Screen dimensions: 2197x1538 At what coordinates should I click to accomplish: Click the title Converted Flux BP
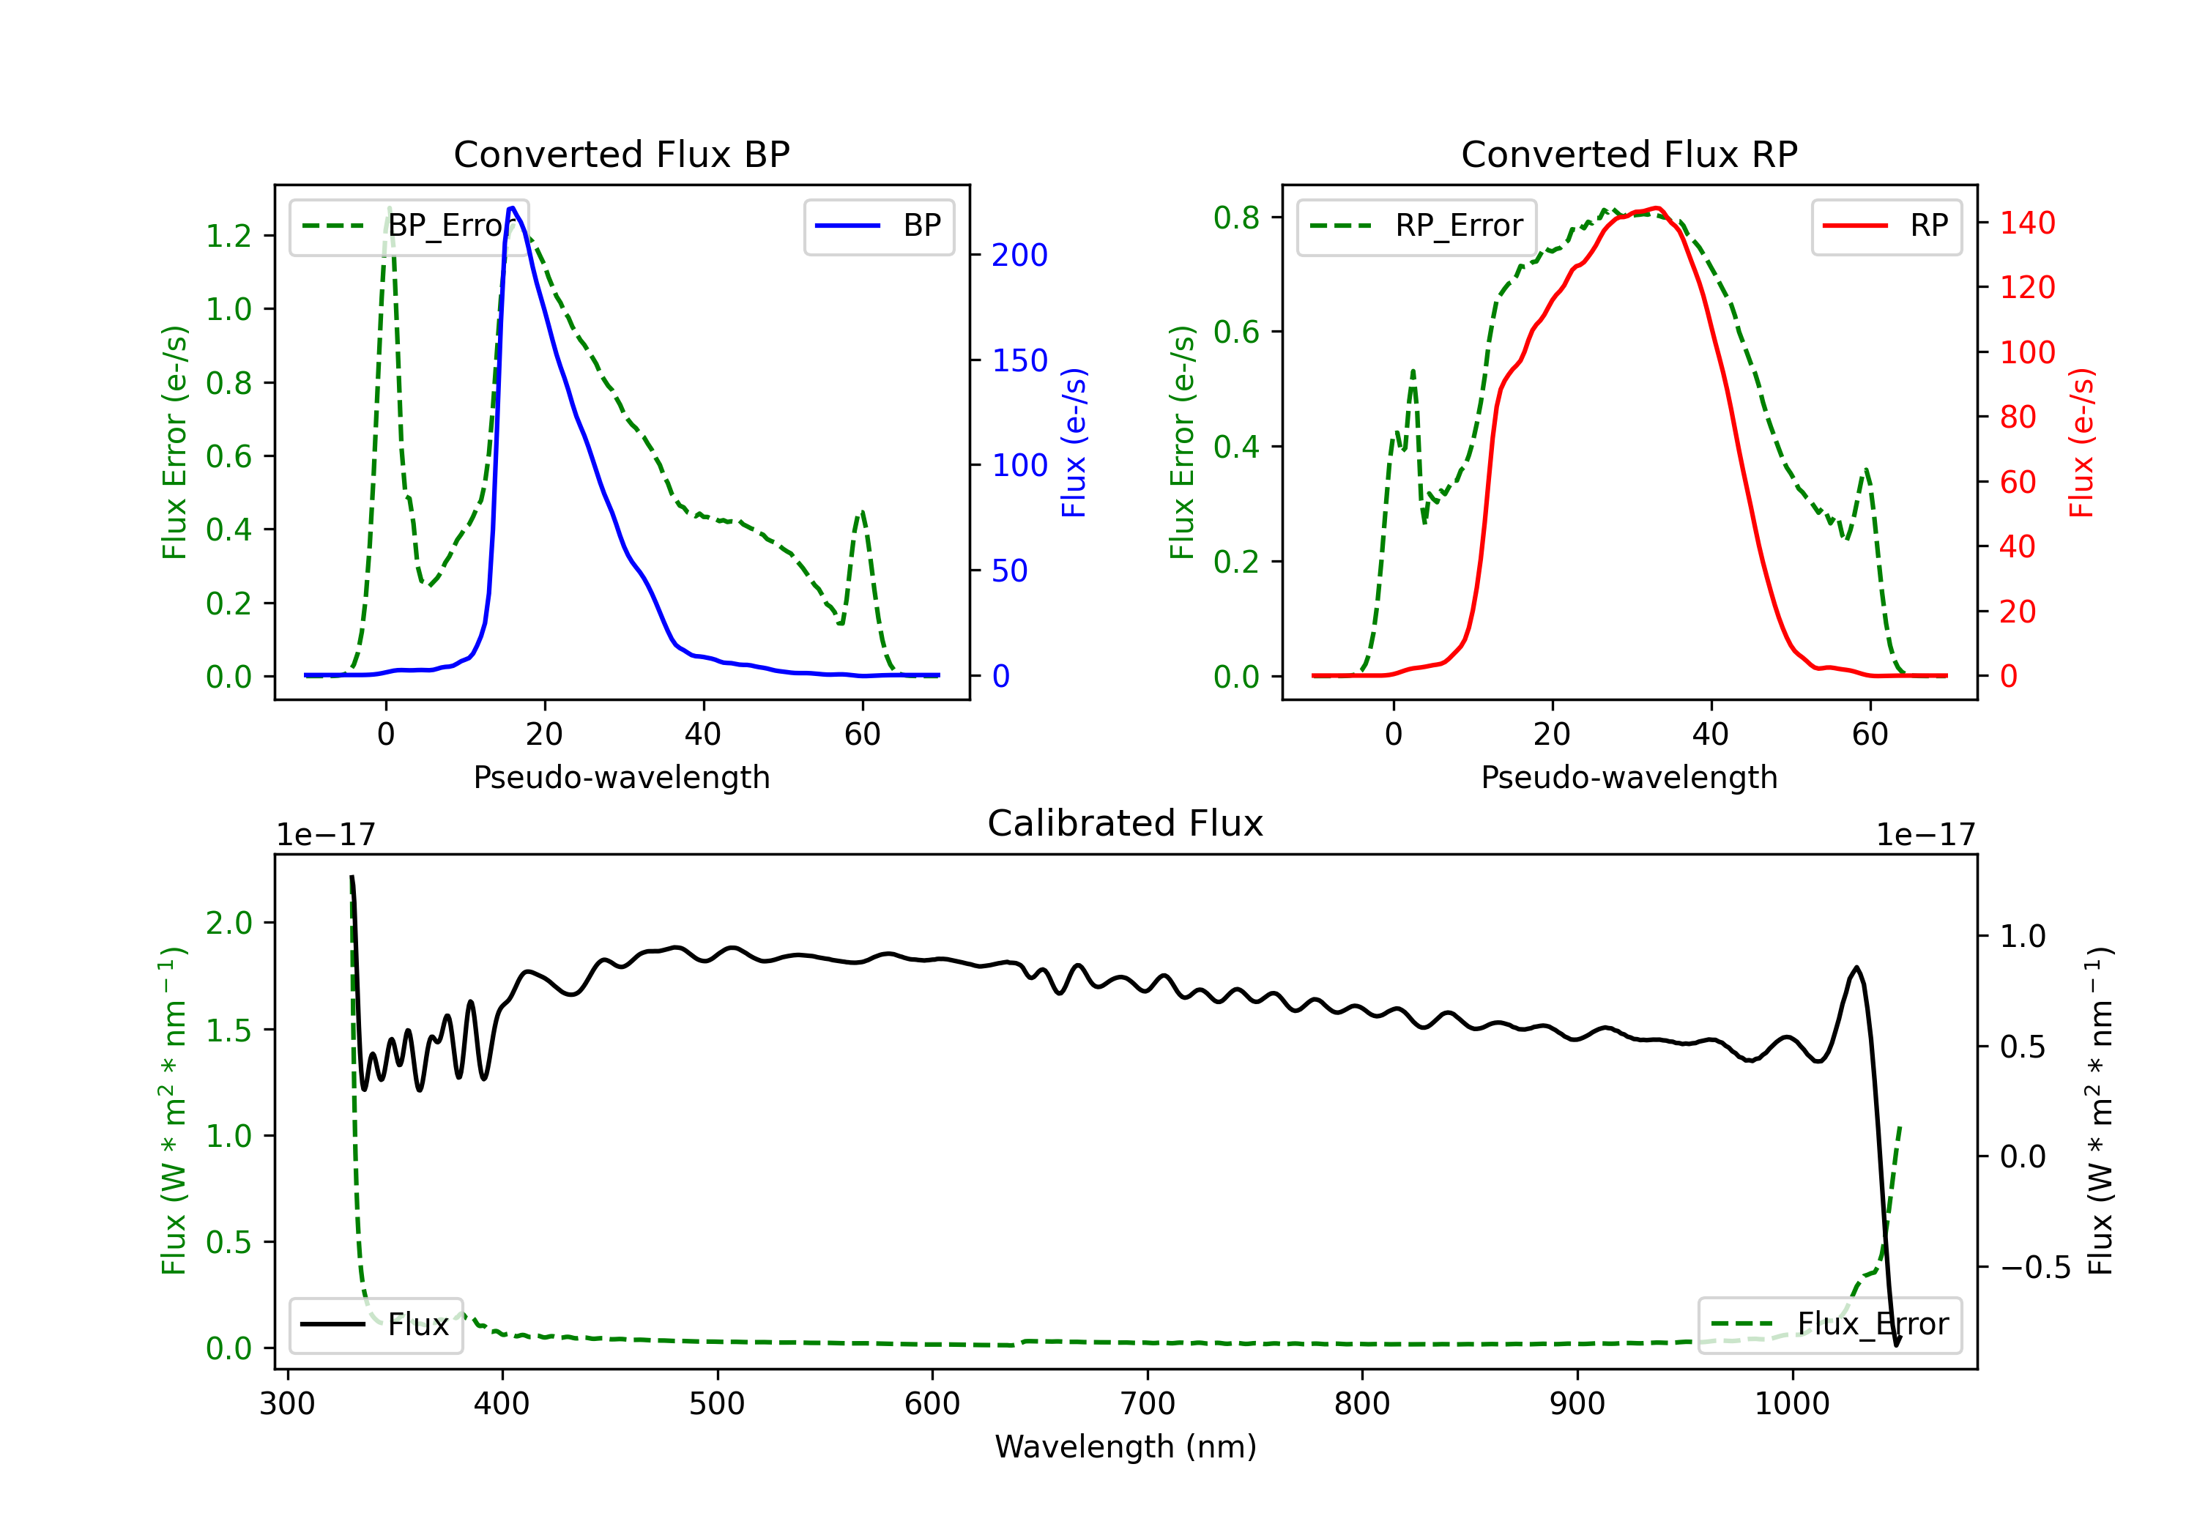pos(621,154)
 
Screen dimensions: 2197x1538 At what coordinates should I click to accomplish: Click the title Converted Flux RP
pos(1629,154)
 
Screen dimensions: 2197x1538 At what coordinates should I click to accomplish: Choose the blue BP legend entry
pos(878,226)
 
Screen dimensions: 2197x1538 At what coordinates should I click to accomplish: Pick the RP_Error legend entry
pos(1416,226)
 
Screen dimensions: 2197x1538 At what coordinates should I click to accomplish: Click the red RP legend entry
pos(1886,226)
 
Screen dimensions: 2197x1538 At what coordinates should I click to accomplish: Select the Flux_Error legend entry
pos(1829,1325)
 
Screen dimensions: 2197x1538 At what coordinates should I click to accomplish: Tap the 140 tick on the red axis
pos(2026,223)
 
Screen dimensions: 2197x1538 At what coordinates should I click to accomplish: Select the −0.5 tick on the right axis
pos(2035,1268)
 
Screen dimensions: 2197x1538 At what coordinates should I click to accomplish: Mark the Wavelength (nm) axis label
pos(1126,1447)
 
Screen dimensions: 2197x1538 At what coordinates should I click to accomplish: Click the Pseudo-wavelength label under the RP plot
pos(1629,777)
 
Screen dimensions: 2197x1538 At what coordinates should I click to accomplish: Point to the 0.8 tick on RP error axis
pos(1236,218)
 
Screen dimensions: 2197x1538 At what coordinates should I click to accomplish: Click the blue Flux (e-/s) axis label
pos(1074,442)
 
